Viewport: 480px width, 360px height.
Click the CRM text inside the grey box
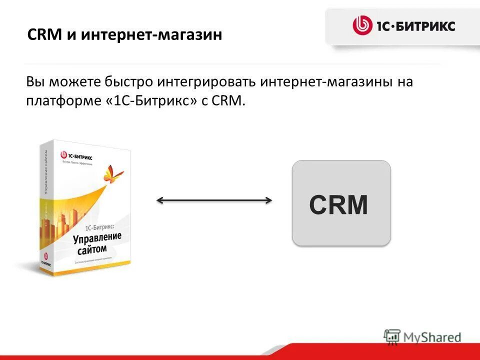pos(338,205)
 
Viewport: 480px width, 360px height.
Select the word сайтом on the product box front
pos(92,248)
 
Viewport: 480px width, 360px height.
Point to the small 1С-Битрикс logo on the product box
pos(76,156)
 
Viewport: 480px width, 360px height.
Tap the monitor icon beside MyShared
pos(392,336)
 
